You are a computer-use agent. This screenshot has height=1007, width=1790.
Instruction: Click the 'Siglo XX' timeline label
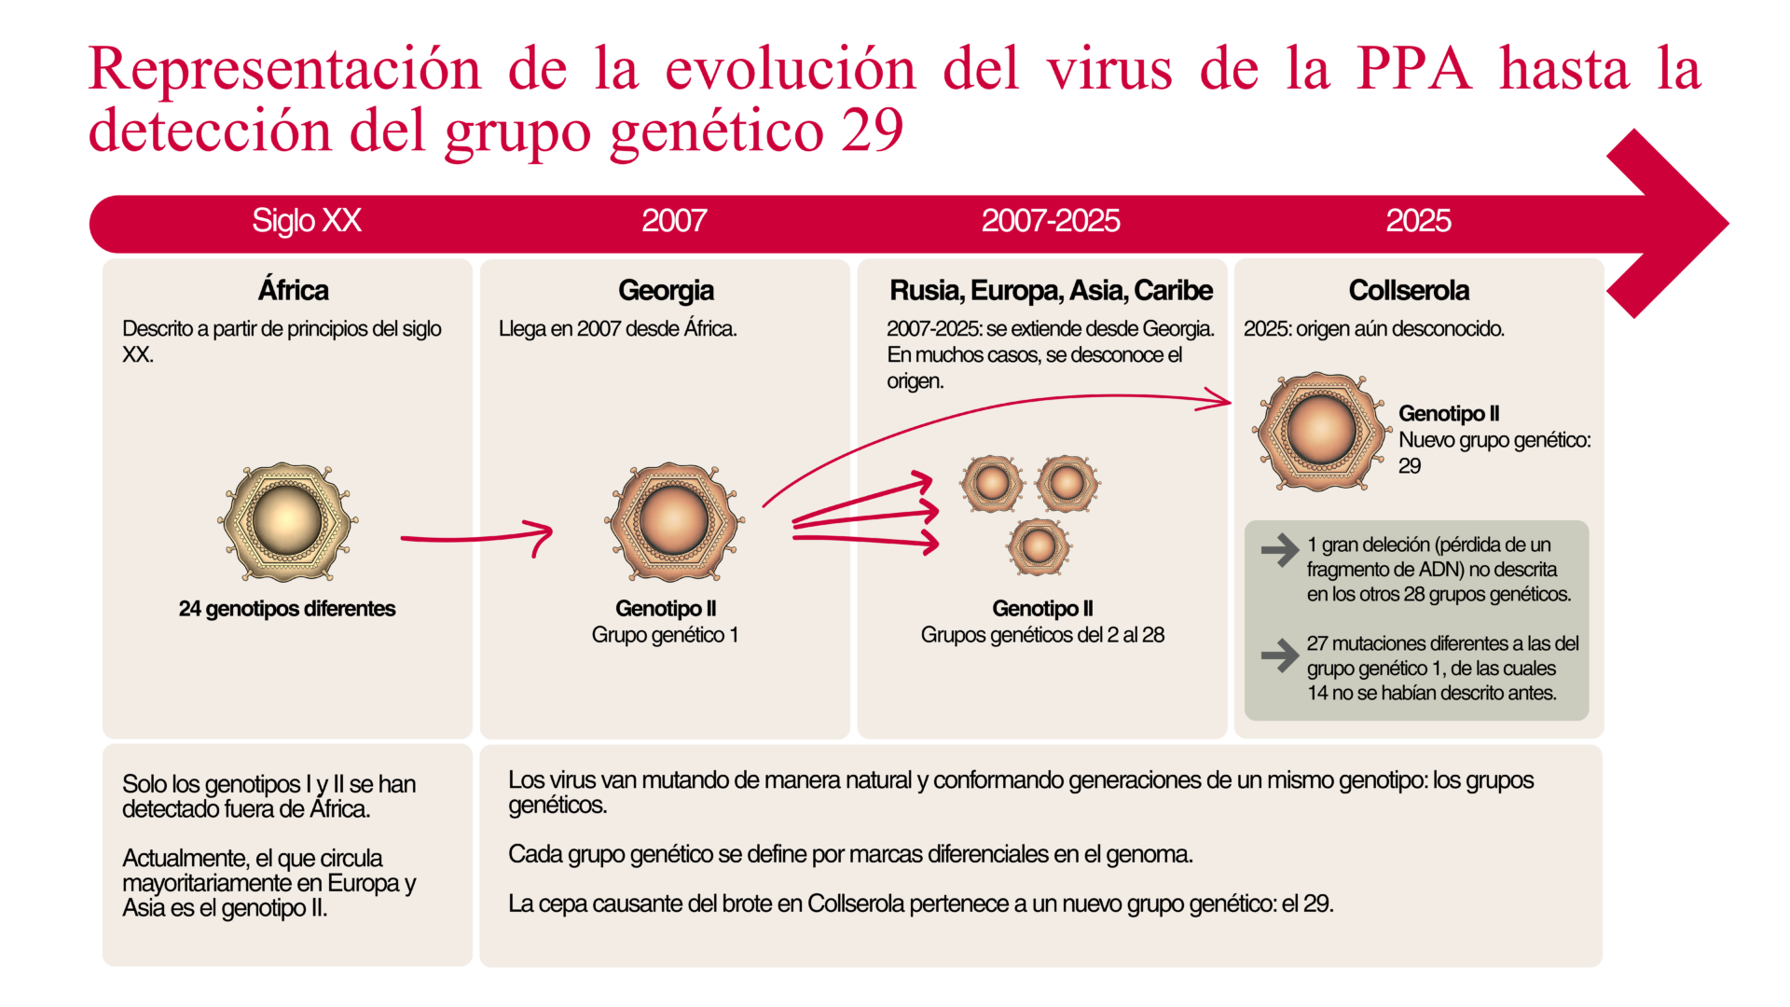click(x=306, y=221)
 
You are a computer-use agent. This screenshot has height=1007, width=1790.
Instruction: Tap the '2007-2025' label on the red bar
click(x=1050, y=221)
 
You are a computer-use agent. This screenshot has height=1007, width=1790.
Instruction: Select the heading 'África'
click(x=293, y=290)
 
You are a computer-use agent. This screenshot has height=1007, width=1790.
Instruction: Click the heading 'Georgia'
click(x=666, y=290)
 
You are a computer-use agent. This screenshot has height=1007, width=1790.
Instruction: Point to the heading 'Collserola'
click(x=1408, y=290)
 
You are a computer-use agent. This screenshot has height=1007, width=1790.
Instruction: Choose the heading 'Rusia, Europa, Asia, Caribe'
click(x=1051, y=290)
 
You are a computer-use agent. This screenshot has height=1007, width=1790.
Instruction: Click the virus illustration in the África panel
click(x=287, y=522)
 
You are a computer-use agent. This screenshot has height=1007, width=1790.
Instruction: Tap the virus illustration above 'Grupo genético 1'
click(x=673, y=522)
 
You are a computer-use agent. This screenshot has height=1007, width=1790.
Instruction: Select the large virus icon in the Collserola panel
click(x=1320, y=431)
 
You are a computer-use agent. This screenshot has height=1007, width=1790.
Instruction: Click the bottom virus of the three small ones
click(x=1039, y=546)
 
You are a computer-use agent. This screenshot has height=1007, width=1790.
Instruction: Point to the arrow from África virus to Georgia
click(x=475, y=538)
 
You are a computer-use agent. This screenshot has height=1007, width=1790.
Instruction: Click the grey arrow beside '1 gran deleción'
click(x=1279, y=549)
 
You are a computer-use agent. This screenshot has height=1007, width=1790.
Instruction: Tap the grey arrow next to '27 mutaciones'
click(x=1279, y=655)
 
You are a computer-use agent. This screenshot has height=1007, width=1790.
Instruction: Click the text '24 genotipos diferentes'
click(x=287, y=609)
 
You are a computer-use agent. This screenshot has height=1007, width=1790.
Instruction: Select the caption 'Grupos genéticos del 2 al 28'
click(x=1042, y=635)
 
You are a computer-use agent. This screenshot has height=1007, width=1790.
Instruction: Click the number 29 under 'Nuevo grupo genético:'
click(x=1409, y=466)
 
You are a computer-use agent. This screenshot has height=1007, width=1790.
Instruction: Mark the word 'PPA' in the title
click(x=1413, y=69)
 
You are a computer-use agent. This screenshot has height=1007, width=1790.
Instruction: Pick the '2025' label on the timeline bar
click(x=1417, y=221)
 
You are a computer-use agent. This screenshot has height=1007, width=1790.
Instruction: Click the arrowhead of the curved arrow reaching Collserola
click(x=1221, y=401)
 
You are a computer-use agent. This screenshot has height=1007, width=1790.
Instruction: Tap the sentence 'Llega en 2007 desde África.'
click(x=617, y=329)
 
